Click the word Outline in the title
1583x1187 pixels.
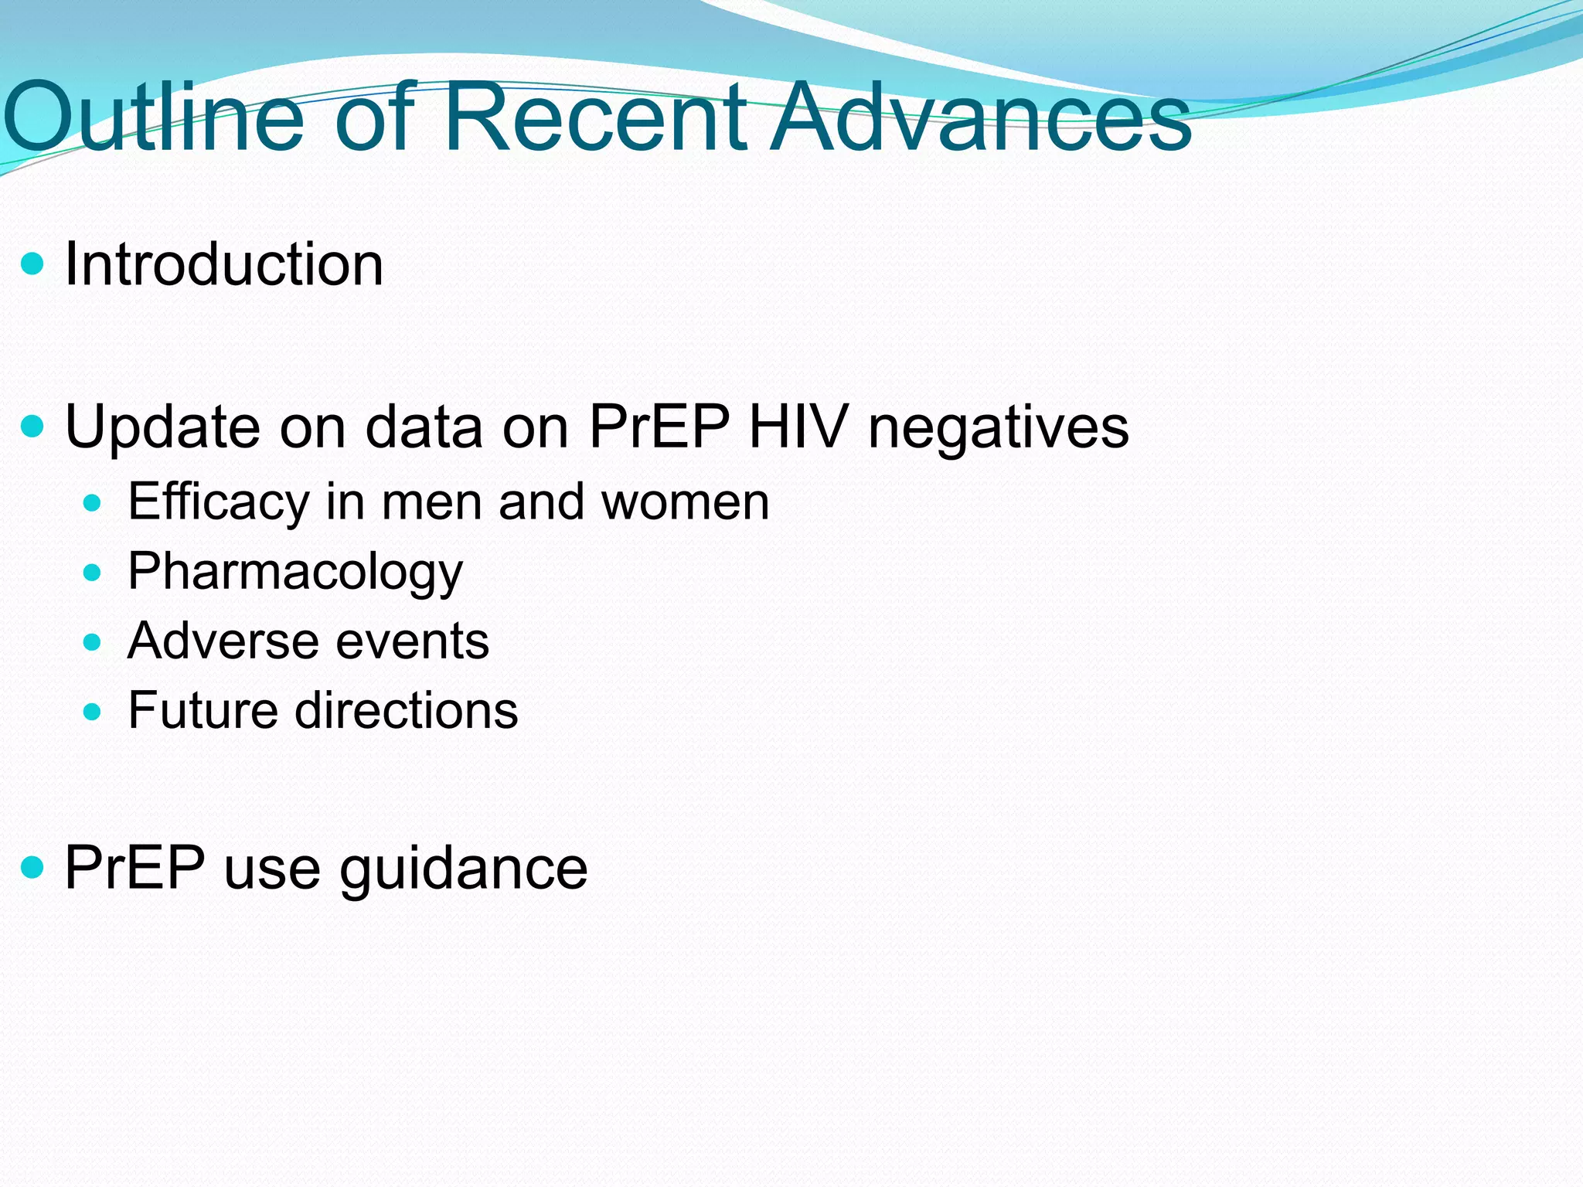(155, 117)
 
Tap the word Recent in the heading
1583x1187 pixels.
(595, 117)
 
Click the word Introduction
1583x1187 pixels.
(224, 264)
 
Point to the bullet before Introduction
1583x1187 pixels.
(33, 265)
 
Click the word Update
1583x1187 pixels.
(162, 427)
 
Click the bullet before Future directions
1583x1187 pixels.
(92, 712)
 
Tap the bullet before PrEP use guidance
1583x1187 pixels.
(33, 868)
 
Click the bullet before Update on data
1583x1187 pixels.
(33, 427)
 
